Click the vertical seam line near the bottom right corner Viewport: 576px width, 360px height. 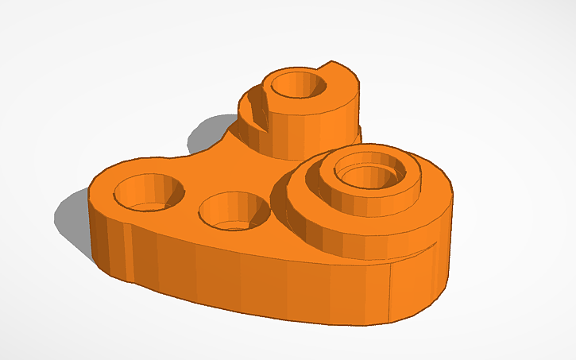pos(389,294)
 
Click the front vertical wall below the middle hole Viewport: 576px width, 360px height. pos(238,278)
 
